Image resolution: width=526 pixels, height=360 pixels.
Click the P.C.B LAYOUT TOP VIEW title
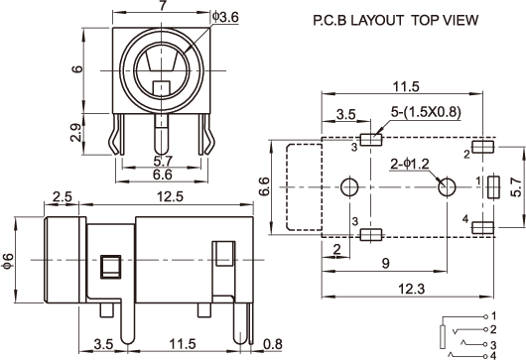(x=396, y=21)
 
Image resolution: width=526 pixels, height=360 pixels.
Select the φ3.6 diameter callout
(x=225, y=17)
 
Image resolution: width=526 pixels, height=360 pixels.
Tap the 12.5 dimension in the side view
(x=171, y=196)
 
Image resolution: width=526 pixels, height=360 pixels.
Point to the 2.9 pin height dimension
(x=76, y=133)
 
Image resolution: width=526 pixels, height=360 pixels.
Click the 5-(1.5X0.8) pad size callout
(x=426, y=112)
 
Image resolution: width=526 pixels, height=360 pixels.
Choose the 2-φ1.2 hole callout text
(x=410, y=164)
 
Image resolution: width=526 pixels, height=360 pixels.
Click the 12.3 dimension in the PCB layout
(x=411, y=289)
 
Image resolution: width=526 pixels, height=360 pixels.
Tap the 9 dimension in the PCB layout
(x=386, y=263)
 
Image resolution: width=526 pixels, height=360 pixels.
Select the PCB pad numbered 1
(x=493, y=186)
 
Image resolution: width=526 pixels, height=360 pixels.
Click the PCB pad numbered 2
(x=482, y=147)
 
